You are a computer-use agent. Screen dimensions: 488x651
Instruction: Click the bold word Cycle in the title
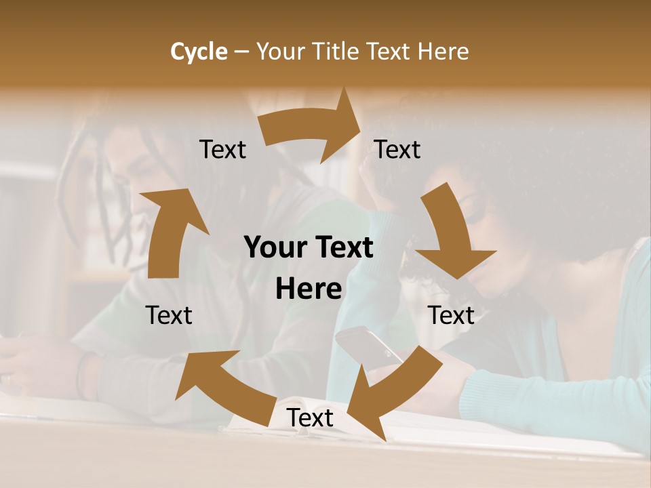(x=199, y=52)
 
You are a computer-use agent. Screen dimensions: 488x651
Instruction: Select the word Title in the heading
(x=336, y=52)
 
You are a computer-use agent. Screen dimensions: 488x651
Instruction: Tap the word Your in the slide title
(x=279, y=52)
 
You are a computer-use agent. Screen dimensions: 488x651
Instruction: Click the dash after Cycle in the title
(x=241, y=52)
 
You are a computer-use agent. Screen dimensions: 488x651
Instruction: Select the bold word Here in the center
(x=309, y=289)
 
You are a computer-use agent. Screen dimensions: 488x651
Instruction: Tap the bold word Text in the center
(x=342, y=247)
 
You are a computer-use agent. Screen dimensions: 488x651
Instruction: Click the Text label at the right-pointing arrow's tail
(x=222, y=150)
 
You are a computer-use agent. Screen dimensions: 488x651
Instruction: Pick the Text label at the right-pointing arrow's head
(x=397, y=150)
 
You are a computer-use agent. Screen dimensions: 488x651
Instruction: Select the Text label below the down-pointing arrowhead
(x=451, y=315)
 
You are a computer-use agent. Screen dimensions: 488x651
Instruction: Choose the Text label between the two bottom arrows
(x=310, y=418)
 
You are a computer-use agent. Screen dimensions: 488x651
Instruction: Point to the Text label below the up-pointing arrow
(x=169, y=315)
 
